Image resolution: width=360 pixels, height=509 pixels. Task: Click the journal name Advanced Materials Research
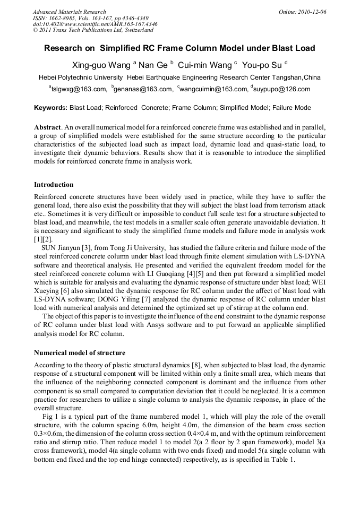pyautogui.click(x=69, y=12)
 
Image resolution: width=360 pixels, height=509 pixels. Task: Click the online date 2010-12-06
pyautogui.click(x=312, y=12)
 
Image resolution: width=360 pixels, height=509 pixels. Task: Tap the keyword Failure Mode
pyautogui.click(x=292, y=108)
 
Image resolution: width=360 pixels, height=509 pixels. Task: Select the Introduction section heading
pyautogui.click(x=54, y=185)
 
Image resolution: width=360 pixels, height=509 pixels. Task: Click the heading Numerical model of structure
pyautogui.click(x=80, y=352)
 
